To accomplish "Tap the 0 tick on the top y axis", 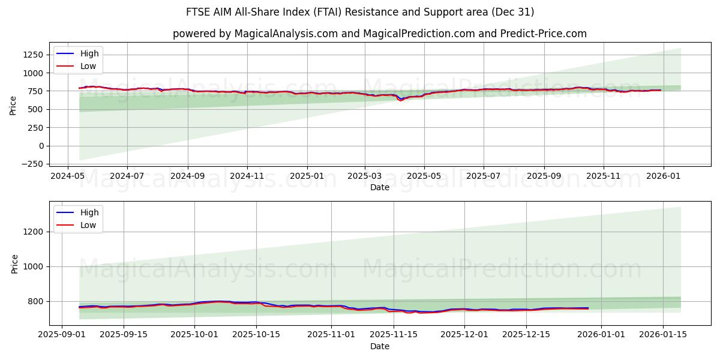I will [41, 146].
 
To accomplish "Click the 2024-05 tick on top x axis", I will [67, 176].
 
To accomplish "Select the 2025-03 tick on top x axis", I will [365, 176].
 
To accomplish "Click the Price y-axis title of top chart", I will [13, 106].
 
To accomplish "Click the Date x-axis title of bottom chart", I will [379, 347].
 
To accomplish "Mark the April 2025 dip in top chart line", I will [401, 100].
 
